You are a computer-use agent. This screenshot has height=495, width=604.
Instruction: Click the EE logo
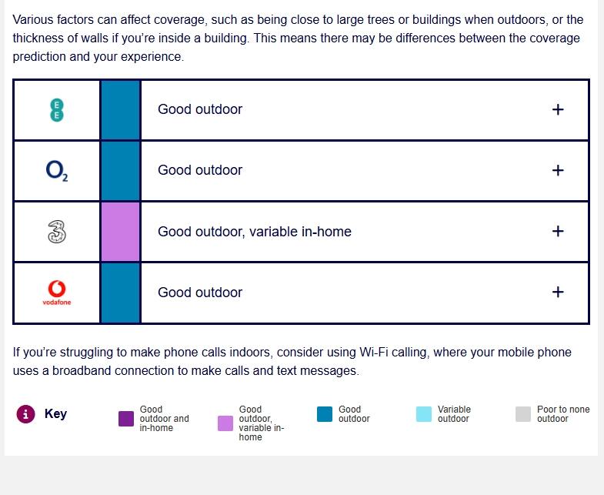tap(57, 110)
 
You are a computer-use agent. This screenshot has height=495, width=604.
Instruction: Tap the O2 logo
tap(57, 171)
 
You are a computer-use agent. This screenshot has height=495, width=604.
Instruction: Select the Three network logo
tap(57, 232)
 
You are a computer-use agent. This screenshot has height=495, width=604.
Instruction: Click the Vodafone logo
tap(57, 293)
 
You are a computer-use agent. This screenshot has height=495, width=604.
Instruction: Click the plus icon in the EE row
tap(558, 109)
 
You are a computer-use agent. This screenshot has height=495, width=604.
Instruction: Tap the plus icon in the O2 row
tap(558, 170)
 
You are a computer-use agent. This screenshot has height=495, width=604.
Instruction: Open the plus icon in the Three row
tap(558, 231)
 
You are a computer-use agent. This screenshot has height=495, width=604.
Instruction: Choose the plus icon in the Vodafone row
tap(558, 293)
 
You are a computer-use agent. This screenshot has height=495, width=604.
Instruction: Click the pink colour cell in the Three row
tap(121, 232)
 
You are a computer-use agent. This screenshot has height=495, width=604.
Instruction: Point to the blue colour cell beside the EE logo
tap(121, 110)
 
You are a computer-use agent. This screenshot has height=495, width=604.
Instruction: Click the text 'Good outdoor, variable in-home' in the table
tap(255, 232)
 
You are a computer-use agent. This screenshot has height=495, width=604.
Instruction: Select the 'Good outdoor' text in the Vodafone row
tap(200, 293)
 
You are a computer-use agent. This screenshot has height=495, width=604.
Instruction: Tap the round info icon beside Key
tap(26, 414)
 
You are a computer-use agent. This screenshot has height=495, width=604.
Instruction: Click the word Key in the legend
tap(56, 413)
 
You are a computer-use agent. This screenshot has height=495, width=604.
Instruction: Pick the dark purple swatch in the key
tap(126, 419)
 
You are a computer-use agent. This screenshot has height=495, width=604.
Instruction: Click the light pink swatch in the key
tap(225, 423)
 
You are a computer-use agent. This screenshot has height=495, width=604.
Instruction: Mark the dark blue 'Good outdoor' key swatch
tap(325, 414)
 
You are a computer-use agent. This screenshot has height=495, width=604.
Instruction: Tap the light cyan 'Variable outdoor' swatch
tap(424, 414)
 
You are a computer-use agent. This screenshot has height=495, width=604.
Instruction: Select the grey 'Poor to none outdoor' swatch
tap(523, 414)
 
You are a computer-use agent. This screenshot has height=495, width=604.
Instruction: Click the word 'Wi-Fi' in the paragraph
tap(374, 353)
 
